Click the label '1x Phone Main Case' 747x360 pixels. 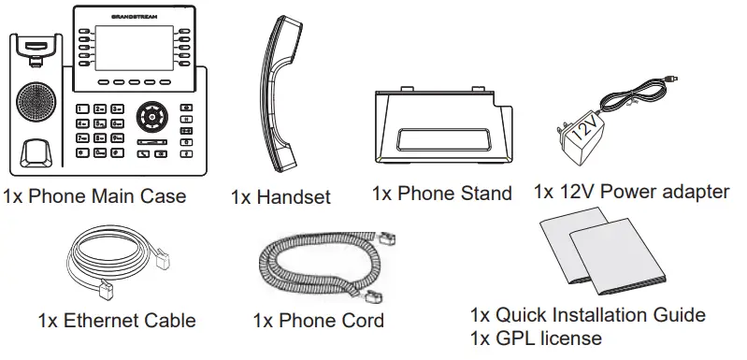tap(94, 196)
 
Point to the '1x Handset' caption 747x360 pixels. tap(280, 197)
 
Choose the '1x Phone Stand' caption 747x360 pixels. tap(441, 194)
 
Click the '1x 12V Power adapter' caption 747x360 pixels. tap(631, 192)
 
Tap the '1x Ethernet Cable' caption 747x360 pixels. tap(117, 321)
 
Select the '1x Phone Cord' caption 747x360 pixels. tap(318, 321)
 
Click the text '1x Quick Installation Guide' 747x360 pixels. tap(587, 315)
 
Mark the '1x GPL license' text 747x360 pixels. tap(535, 338)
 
